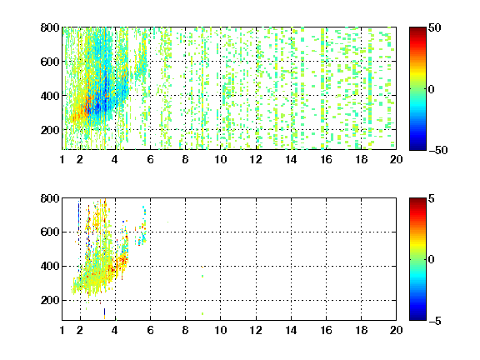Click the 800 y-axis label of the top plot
click(x=50, y=27)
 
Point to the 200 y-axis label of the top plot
click(x=50, y=130)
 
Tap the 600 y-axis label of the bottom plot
click(x=50, y=232)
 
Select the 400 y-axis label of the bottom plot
click(x=50, y=266)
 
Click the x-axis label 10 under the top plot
click(x=220, y=159)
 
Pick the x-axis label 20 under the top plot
click(x=396, y=159)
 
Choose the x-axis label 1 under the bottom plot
click(x=62, y=330)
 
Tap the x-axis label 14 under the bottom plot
click(x=291, y=330)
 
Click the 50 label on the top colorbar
click(x=435, y=27)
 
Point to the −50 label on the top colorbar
click(x=438, y=150)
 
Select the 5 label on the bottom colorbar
click(x=432, y=198)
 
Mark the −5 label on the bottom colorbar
click(x=435, y=321)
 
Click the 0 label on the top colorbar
click(x=432, y=89)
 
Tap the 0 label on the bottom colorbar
click(x=432, y=260)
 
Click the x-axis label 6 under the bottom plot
click(x=150, y=330)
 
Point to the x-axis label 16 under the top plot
click(x=326, y=159)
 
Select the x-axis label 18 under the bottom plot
click(x=361, y=330)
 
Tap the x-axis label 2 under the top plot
click(x=80, y=159)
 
